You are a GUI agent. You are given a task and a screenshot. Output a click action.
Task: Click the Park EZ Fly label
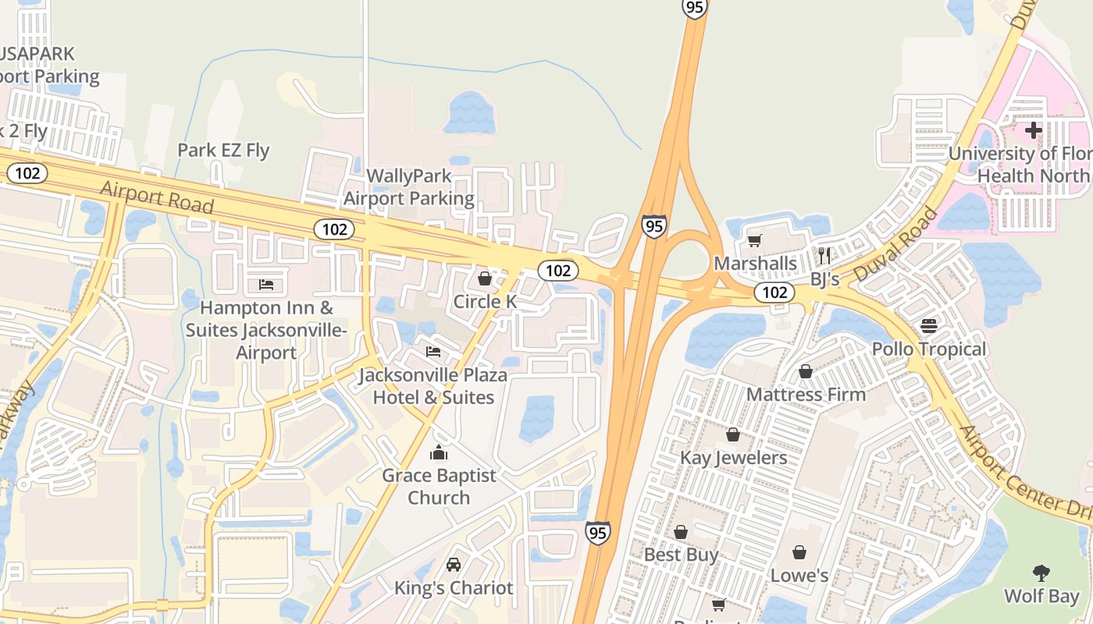tap(223, 150)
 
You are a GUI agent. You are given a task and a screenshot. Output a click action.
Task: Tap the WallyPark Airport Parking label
tap(408, 187)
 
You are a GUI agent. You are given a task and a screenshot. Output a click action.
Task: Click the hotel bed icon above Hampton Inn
tap(266, 284)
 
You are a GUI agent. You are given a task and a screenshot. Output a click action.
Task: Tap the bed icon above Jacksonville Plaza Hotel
tap(433, 352)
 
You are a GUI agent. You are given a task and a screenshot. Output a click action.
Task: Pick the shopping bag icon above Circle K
tap(485, 278)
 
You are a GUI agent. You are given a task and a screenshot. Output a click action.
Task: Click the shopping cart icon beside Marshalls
tap(754, 240)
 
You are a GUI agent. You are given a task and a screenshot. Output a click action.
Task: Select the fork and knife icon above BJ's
tap(824, 255)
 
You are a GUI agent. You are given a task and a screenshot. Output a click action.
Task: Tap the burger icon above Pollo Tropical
tap(929, 325)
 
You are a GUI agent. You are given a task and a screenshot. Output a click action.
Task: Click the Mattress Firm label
tap(806, 394)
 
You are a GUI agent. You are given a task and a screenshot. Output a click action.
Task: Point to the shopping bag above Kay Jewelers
tap(733, 434)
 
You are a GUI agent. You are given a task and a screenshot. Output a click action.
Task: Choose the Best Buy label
tap(682, 555)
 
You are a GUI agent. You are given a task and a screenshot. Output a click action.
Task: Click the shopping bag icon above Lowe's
tap(799, 553)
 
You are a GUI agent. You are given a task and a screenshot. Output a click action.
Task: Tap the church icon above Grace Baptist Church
tap(439, 452)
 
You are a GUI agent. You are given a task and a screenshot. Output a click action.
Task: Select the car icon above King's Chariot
tap(454, 564)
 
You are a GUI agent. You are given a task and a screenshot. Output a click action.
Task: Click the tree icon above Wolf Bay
tap(1041, 574)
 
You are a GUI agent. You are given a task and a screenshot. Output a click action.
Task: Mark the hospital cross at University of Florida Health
tap(1034, 129)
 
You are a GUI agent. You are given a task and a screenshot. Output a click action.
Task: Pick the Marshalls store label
tap(755, 263)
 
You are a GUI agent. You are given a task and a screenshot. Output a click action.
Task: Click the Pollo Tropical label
tap(929, 349)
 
